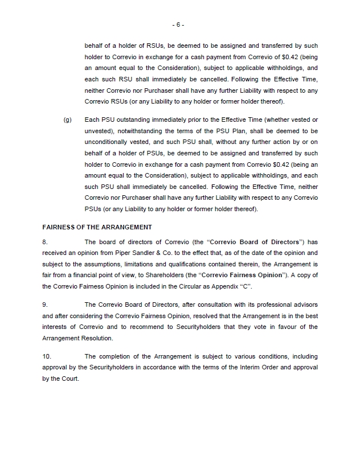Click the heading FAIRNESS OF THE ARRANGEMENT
(97, 227)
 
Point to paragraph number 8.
(45, 242)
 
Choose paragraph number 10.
(47, 356)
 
